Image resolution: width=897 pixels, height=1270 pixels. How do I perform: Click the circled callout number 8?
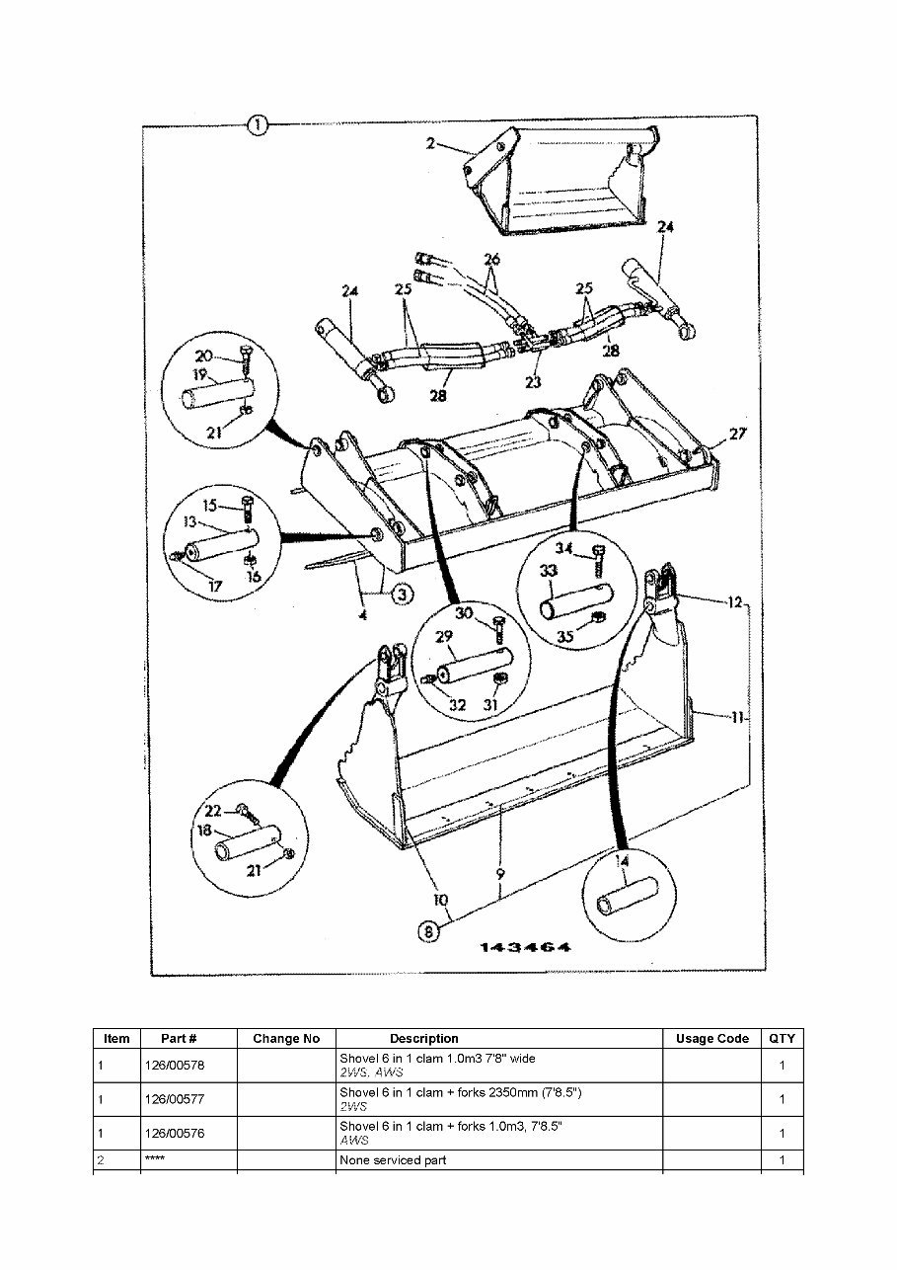[x=427, y=930]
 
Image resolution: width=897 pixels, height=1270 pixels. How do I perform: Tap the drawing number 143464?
[x=526, y=948]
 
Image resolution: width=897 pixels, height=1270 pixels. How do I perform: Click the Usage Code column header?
[x=711, y=1039]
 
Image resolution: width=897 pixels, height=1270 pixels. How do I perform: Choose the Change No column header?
[x=286, y=1039]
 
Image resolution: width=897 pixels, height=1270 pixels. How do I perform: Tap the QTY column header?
[x=782, y=1039]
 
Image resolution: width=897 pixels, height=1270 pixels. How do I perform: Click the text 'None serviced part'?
[x=393, y=1160]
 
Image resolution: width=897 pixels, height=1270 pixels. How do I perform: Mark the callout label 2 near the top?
[x=430, y=143]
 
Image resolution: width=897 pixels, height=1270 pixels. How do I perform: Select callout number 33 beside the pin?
[x=548, y=571]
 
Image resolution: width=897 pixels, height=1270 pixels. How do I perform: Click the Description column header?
[x=423, y=1039]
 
